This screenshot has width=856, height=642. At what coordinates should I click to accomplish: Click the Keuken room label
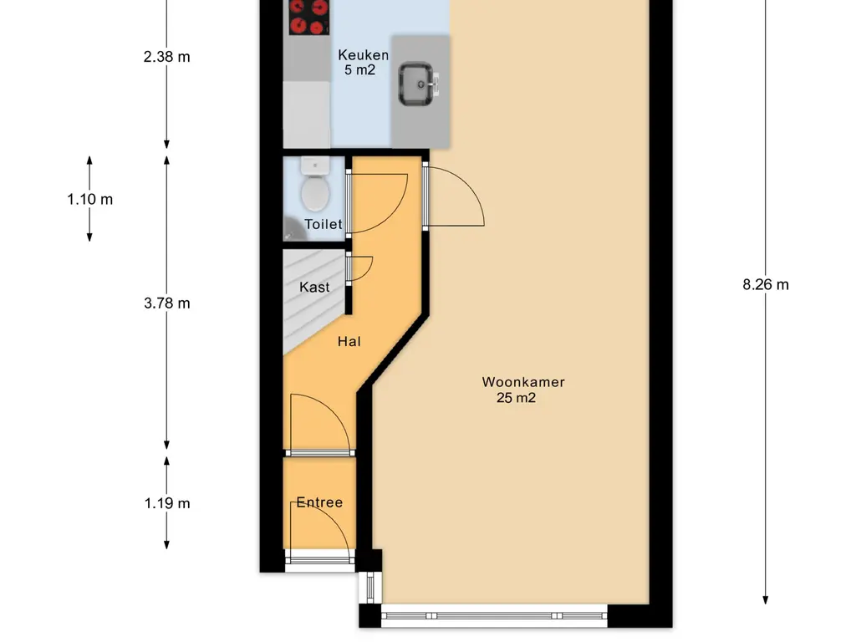363,54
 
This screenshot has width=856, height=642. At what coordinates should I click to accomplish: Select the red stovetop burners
309,17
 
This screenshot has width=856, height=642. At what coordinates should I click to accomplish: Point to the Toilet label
324,224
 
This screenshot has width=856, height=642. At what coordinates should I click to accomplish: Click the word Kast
314,288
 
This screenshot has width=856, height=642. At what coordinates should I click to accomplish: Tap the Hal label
349,342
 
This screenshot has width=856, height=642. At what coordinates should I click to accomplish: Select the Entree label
319,502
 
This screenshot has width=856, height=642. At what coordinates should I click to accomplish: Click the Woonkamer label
523,382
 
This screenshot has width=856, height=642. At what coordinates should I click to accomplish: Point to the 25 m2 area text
516,398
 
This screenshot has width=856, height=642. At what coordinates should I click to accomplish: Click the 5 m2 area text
359,70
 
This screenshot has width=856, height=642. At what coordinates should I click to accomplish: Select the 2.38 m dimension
167,57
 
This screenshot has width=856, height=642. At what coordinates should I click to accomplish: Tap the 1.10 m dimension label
90,199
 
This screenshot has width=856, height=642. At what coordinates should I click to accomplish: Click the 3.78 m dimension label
167,303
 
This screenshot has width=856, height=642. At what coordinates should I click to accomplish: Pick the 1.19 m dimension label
167,503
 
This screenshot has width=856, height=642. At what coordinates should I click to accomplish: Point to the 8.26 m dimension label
766,284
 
